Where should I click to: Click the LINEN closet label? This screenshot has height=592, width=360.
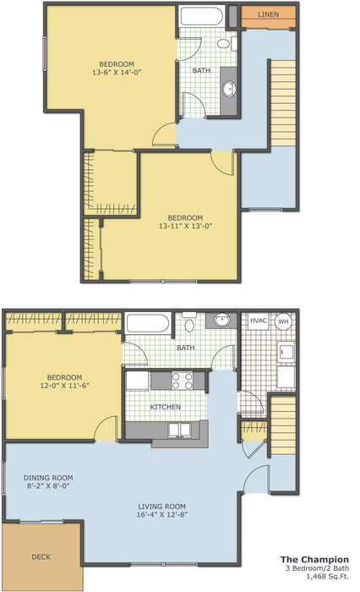[268, 14]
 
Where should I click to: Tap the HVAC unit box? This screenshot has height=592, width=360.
[259, 321]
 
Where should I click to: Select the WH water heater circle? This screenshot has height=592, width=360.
[283, 321]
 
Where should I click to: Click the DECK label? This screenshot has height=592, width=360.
[41, 556]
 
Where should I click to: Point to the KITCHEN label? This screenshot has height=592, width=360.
[166, 407]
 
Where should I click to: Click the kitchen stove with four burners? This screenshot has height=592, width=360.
[183, 381]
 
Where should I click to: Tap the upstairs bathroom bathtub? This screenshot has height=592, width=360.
[201, 16]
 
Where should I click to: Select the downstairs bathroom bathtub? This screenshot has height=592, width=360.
[148, 323]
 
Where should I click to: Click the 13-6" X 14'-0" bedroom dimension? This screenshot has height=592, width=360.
[117, 72]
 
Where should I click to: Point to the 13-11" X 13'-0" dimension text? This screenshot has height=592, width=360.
[186, 226]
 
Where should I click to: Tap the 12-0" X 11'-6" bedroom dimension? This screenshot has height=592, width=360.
[64, 386]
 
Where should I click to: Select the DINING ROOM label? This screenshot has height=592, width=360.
[48, 478]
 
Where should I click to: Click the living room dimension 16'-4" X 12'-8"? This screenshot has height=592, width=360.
[162, 514]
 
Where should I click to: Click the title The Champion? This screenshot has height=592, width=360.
[314, 560]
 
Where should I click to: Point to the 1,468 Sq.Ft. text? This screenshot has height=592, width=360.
[328, 576]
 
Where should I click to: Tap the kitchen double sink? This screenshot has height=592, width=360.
[180, 430]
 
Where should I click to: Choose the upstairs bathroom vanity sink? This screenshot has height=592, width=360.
[229, 90]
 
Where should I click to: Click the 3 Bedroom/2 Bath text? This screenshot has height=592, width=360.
[318, 568]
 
